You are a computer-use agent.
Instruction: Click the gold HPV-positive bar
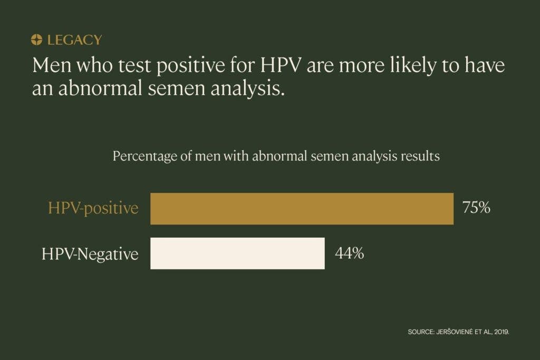pos(302,209)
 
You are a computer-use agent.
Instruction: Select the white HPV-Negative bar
pos(237,254)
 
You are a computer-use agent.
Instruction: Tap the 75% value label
pos(476,208)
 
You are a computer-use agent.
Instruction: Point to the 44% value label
pos(349,253)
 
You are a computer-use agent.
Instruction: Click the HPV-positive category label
pos(93,208)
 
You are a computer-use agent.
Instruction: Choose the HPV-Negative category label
pos(90,255)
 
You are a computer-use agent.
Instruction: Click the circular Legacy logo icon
pos(36,40)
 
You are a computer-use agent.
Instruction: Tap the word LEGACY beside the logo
pos(74,40)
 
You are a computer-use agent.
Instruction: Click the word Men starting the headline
pos(52,65)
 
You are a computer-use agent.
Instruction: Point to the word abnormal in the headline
pos(100,88)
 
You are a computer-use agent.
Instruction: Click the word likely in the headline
pos(413,66)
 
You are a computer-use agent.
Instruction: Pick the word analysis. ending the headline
pos(248,89)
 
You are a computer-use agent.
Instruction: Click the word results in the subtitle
pos(420,156)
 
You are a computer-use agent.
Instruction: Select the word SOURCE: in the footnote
pos(421,332)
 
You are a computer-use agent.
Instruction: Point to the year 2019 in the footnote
pos(502,332)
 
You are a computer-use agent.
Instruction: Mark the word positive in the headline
pos(190,66)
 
